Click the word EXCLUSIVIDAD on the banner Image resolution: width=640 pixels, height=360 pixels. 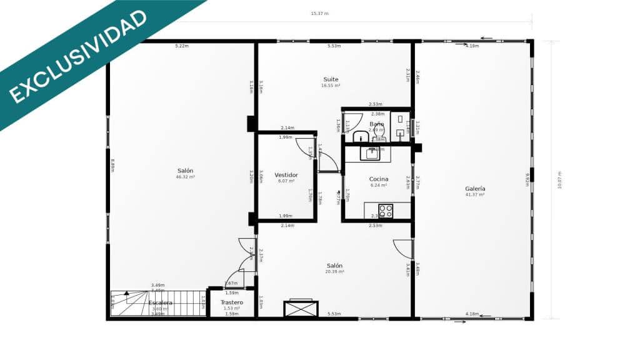point(78,56)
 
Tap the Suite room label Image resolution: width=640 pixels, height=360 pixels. point(331,79)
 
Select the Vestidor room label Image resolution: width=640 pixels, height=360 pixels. point(286,175)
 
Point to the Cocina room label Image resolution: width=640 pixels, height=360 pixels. point(379,179)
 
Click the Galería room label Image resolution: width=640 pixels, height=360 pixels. point(475,189)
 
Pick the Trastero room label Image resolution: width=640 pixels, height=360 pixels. point(231,302)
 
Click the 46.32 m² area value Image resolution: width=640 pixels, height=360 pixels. point(185,177)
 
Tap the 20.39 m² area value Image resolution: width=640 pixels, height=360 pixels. point(334,272)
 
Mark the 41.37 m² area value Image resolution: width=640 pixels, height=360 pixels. point(475,195)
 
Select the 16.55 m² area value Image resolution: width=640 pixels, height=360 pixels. point(331,86)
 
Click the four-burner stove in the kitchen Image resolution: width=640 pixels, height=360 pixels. point(386,211)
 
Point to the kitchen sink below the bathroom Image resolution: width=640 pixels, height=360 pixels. point(373,151)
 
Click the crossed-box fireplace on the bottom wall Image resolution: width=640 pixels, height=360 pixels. point(301,309)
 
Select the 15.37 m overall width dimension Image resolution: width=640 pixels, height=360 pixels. point(319,13)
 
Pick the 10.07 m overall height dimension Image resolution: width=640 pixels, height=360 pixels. point(560,180)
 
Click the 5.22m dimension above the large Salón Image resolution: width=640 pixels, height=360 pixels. point(182,46)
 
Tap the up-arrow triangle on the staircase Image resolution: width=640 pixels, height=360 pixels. point(126,292)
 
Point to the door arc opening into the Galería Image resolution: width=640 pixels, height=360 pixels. point(403,248)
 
